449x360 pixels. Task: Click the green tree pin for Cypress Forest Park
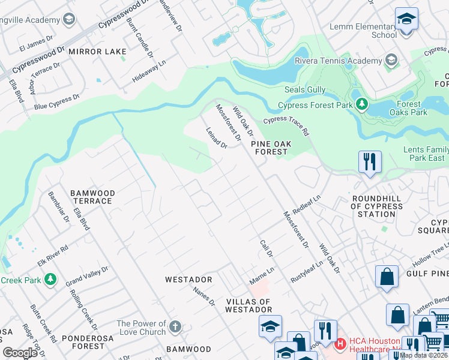pos(361,105)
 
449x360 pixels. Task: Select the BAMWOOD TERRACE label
pos(92,197)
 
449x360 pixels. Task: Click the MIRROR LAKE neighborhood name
pos(92,52)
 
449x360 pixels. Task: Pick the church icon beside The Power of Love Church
pos(175,327)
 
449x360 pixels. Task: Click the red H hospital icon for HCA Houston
pos(340,344)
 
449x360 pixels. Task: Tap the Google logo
pos(20,353)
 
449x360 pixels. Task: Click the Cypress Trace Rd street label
pos(286,125)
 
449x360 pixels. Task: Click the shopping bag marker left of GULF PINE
pos(387,277)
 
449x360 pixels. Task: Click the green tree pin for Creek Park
pos(51,280)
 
